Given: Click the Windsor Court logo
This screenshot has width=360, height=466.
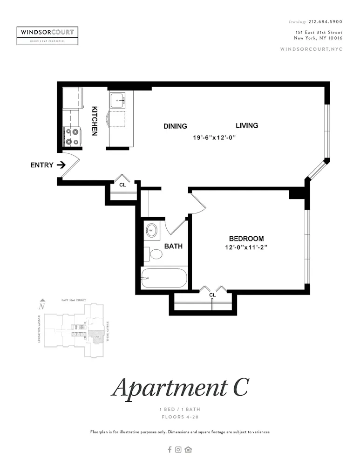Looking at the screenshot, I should click(x=48, y=35).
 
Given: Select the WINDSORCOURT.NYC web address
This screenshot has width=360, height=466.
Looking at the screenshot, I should click(x=311, y=49).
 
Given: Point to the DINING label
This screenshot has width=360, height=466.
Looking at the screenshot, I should click(x=175, y=126).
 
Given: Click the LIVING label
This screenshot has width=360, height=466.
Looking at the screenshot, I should click(x=247, y=125).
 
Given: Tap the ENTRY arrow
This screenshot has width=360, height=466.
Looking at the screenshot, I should click(x=61, y=165).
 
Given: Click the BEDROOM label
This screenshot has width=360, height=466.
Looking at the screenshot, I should click(x=246, y=239).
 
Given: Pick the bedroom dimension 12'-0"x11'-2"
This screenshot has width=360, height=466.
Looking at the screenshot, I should click(x=245, y=248).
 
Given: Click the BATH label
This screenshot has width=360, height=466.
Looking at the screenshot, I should click(x=173, y=247).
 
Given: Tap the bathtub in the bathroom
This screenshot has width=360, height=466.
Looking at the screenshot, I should click(x=164, y=278).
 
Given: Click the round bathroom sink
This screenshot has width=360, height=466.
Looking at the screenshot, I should click(x=152, y=229).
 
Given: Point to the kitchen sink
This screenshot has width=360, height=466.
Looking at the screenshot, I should click(x=118, y=100).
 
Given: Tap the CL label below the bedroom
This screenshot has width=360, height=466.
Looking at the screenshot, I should click(x=212, y=295).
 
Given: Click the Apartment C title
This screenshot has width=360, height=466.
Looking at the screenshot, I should click(x=180, y=387).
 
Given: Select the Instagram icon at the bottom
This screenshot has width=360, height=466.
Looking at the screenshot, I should click(x=178, y=450).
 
